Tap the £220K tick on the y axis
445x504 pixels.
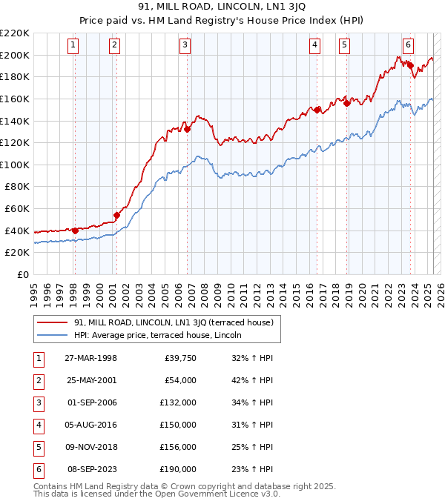[x=15, y=33]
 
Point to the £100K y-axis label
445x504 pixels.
[x=15, y=165]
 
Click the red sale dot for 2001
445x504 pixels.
[x=116, y=216]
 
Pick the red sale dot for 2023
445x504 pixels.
[x=410, y=65]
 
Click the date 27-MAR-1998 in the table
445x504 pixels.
[x=91, y=358]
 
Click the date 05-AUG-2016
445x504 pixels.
[x=91, y=425]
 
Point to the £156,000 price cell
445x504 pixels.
[x=178, y=447]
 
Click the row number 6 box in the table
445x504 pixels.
[x=37, y=469]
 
